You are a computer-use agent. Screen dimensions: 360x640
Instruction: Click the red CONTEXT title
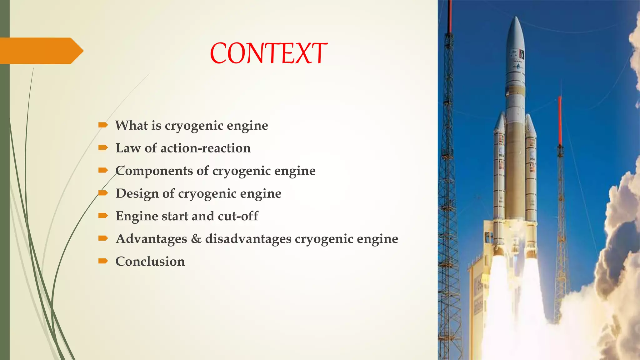tap(268, 53)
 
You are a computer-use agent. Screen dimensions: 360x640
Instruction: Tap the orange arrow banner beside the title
tap(41, 51)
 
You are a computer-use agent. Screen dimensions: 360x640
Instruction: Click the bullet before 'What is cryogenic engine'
tap(103, 125)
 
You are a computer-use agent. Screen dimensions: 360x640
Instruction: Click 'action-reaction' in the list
tap(205, 148)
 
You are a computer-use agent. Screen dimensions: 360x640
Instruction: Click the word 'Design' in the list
tap(137, 194)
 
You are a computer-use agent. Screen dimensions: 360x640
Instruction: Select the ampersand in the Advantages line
tap(196, 239)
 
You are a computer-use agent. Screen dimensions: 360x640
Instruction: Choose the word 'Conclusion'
tap(150, 262)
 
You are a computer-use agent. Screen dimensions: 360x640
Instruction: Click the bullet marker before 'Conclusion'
tap(103, 261)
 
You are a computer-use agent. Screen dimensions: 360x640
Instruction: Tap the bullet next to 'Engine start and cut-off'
tap(103, 216)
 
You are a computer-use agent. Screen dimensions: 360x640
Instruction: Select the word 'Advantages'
tap(151, 239)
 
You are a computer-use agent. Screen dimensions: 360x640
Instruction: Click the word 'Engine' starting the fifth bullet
tap(137, 216)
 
